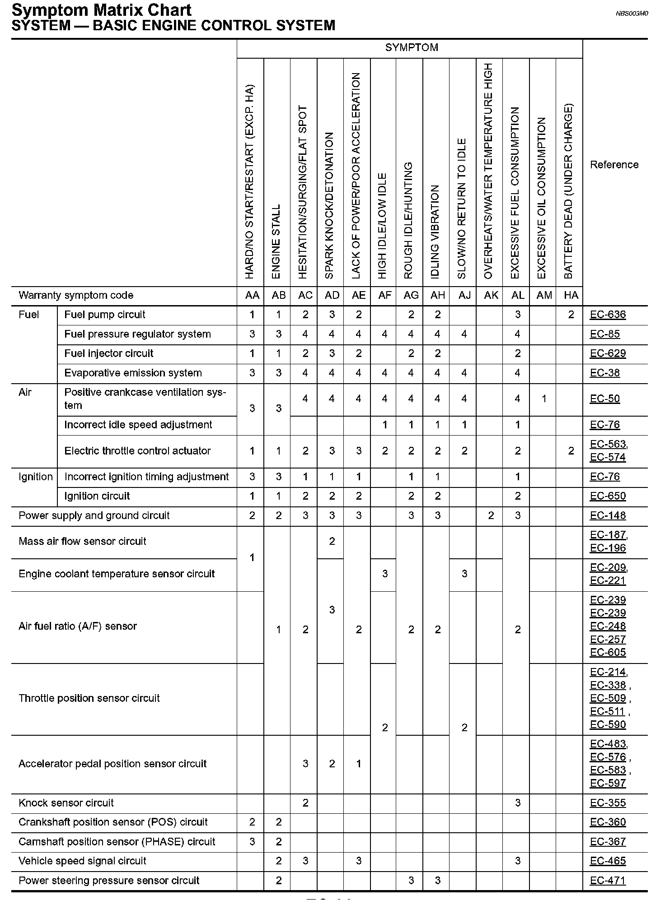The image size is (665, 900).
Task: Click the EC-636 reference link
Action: click(x=608, y=315)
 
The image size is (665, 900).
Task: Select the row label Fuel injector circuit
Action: click(x=109, y=353)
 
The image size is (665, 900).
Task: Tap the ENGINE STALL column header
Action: click(x=276, y=241)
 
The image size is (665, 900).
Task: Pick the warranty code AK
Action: click(x=491, y=295)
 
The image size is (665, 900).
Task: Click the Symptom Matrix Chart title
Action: click(x=102, y=10)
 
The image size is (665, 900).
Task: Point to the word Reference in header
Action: click(x=614, y=165)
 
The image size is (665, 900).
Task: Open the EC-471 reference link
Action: click(x=608, y=881)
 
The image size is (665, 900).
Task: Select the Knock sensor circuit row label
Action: click(x=66, y=803)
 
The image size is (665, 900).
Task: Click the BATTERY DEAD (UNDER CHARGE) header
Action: click(x=569, y=191)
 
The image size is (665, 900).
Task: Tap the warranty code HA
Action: click(x=571, y=295)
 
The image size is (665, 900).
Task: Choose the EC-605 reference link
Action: click(x=608, y=652)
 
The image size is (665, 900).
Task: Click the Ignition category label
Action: click(x=36, y=477)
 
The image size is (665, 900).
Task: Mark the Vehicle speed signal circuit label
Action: click(x=82, y=861)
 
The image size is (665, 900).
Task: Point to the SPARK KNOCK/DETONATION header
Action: click(x=330, y=205)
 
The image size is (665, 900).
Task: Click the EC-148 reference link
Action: click(x=608, y=515)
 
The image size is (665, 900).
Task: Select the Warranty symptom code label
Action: click(x=76, y=296)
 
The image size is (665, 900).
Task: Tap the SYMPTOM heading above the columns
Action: click(x=412, y=48)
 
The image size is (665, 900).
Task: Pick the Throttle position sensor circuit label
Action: click(x=89, y=698)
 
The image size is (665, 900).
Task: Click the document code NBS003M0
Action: click(x=632, y=14)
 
